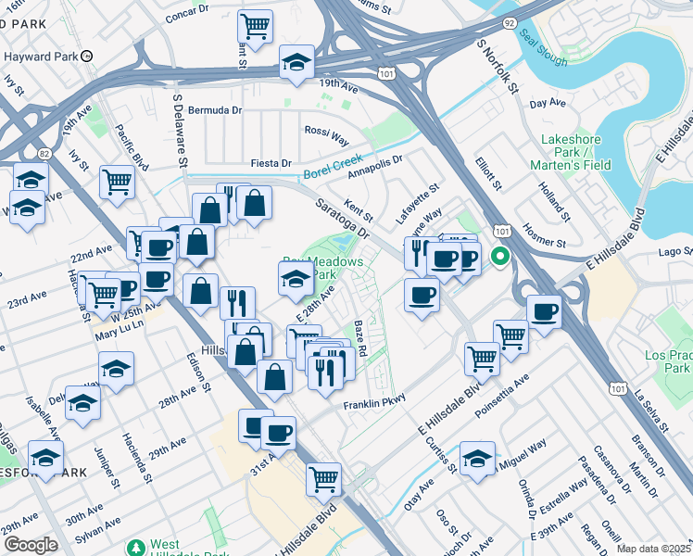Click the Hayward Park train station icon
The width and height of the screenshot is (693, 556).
point(86,56)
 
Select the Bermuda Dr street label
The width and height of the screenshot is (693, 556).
point(214,108)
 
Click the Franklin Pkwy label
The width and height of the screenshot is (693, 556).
point(375,406)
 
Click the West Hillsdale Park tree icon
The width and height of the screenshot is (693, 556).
point(136,548)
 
